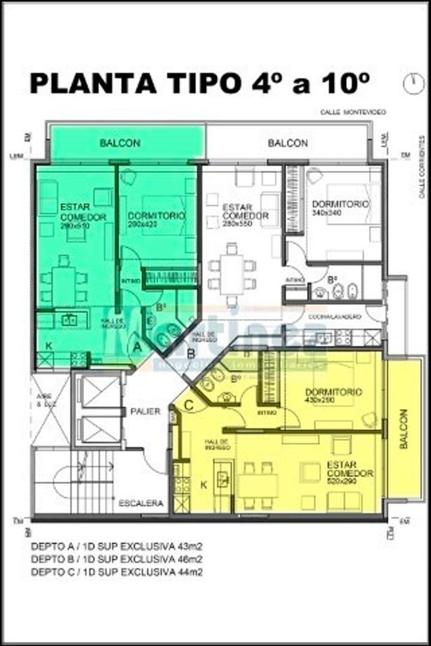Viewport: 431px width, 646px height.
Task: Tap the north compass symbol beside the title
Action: [x=412, y=83]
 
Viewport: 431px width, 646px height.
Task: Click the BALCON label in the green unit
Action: [x=120, y=144]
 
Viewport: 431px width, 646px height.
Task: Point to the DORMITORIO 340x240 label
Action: [x=341, y=208]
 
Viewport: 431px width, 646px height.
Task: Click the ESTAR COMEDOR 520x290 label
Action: [x=350, y=469]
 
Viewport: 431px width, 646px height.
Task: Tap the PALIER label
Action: [x=145, y=412]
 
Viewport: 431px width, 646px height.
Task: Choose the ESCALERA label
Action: [x=141, y=504]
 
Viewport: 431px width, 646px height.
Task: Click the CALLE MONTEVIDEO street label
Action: [x=353, y=112]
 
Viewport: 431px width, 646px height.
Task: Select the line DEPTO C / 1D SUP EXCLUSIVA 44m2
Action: [x=116, y=572]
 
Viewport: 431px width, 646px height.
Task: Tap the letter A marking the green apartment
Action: [x=137, y=346]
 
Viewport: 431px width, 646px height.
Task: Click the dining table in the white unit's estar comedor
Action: [x=232, y=275]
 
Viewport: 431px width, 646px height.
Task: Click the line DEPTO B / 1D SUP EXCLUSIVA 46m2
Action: [x=116, y=560]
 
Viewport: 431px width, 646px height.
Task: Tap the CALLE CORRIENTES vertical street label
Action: [x=421, y=167]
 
